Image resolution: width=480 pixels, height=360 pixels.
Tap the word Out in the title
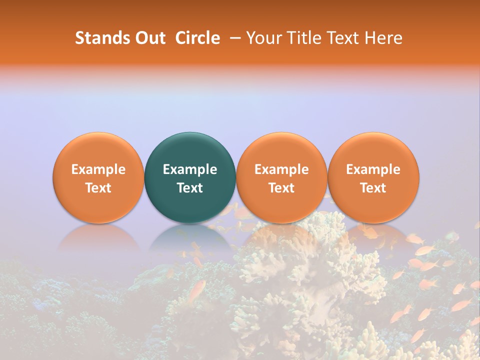(149, 38)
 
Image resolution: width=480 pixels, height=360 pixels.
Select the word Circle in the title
(197, 38)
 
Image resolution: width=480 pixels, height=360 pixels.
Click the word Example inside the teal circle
(190, 169)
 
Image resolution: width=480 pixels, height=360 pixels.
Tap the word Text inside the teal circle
(190, 188)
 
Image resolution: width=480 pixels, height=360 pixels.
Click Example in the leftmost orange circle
(98, 169)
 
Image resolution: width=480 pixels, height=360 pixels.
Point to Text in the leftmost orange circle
(98, 188)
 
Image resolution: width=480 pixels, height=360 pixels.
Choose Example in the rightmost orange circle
(373, 169)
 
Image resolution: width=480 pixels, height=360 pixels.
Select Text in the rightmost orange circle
(373, 188)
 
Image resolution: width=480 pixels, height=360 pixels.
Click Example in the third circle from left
(281, 169)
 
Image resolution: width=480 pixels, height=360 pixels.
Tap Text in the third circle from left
(281, 188)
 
